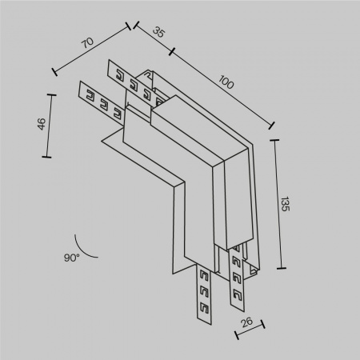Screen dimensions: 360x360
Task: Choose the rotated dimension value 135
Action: [286, 203]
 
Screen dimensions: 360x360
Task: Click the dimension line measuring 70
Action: [92, 50]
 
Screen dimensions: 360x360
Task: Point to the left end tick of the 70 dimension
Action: [55, 72]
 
